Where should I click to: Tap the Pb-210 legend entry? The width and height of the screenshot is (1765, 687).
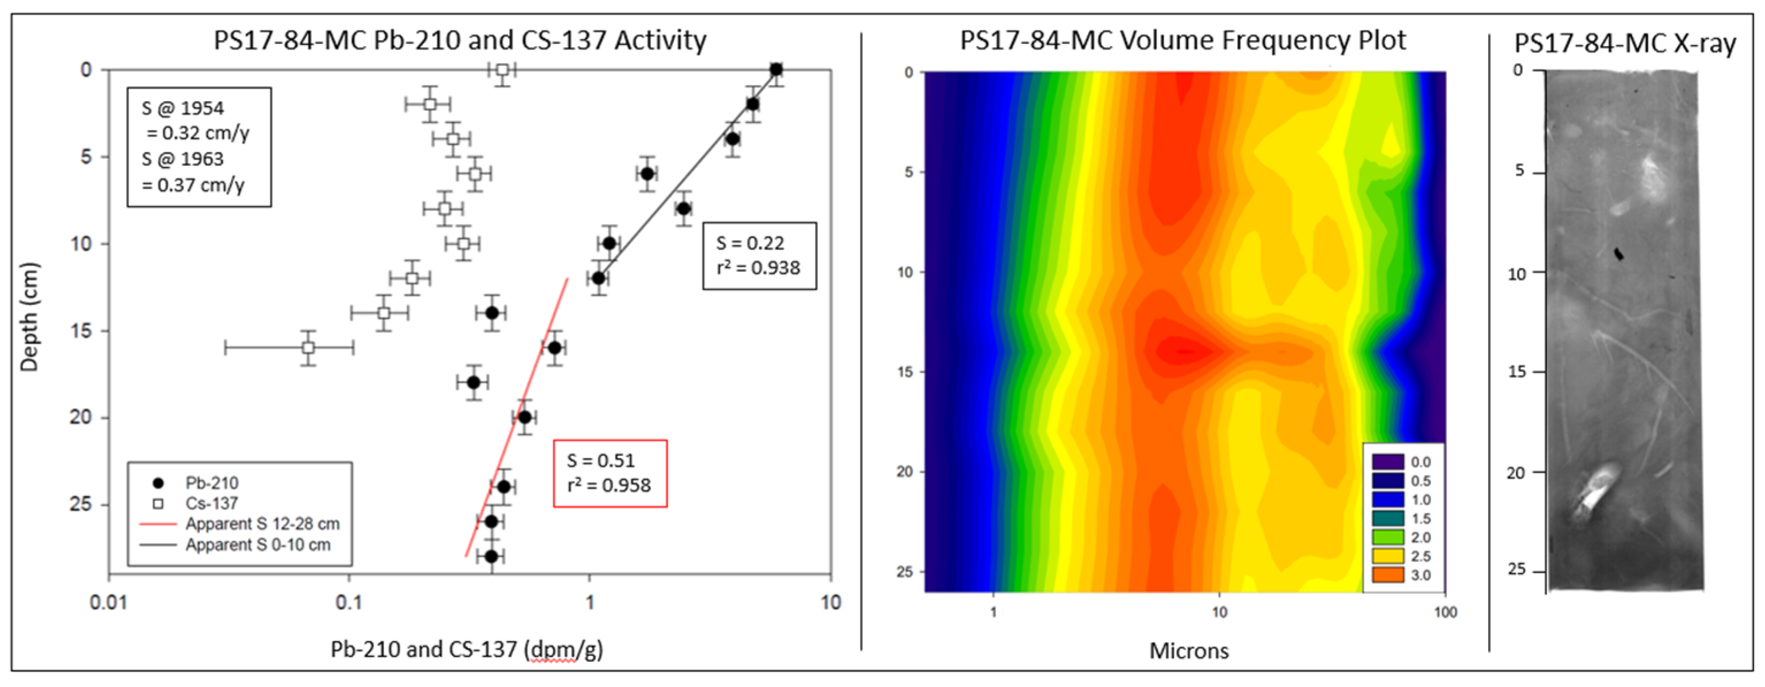coord(211,483)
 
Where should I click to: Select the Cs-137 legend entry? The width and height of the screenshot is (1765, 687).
coord(211,504)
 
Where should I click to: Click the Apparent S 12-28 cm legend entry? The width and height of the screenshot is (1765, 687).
coord(262,524)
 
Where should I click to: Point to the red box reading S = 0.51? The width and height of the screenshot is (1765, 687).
coord(610,473)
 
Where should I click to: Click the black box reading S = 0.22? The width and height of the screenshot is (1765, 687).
coord(759,255)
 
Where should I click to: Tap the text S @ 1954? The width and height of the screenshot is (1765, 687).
coord(182,108)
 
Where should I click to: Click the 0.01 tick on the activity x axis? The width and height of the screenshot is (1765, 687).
coord(108,602)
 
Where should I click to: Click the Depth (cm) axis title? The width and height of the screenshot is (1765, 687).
coord(29,317)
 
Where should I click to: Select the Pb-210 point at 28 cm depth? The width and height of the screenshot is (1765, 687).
coord(491,556)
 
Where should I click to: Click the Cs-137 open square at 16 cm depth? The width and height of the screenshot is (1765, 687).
coord(308,348)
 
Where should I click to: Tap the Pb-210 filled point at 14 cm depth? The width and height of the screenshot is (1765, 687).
coord(491,313)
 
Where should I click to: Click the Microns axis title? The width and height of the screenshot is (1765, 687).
coord(1189,651)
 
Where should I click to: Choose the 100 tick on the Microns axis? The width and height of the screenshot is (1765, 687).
coord(1445,612)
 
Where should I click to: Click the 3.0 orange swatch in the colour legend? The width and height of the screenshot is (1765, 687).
coord(1388,575)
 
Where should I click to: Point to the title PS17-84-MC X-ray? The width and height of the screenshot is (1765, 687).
coord(1625,43)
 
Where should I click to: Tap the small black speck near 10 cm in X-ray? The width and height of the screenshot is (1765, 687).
coord(1619,254)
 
